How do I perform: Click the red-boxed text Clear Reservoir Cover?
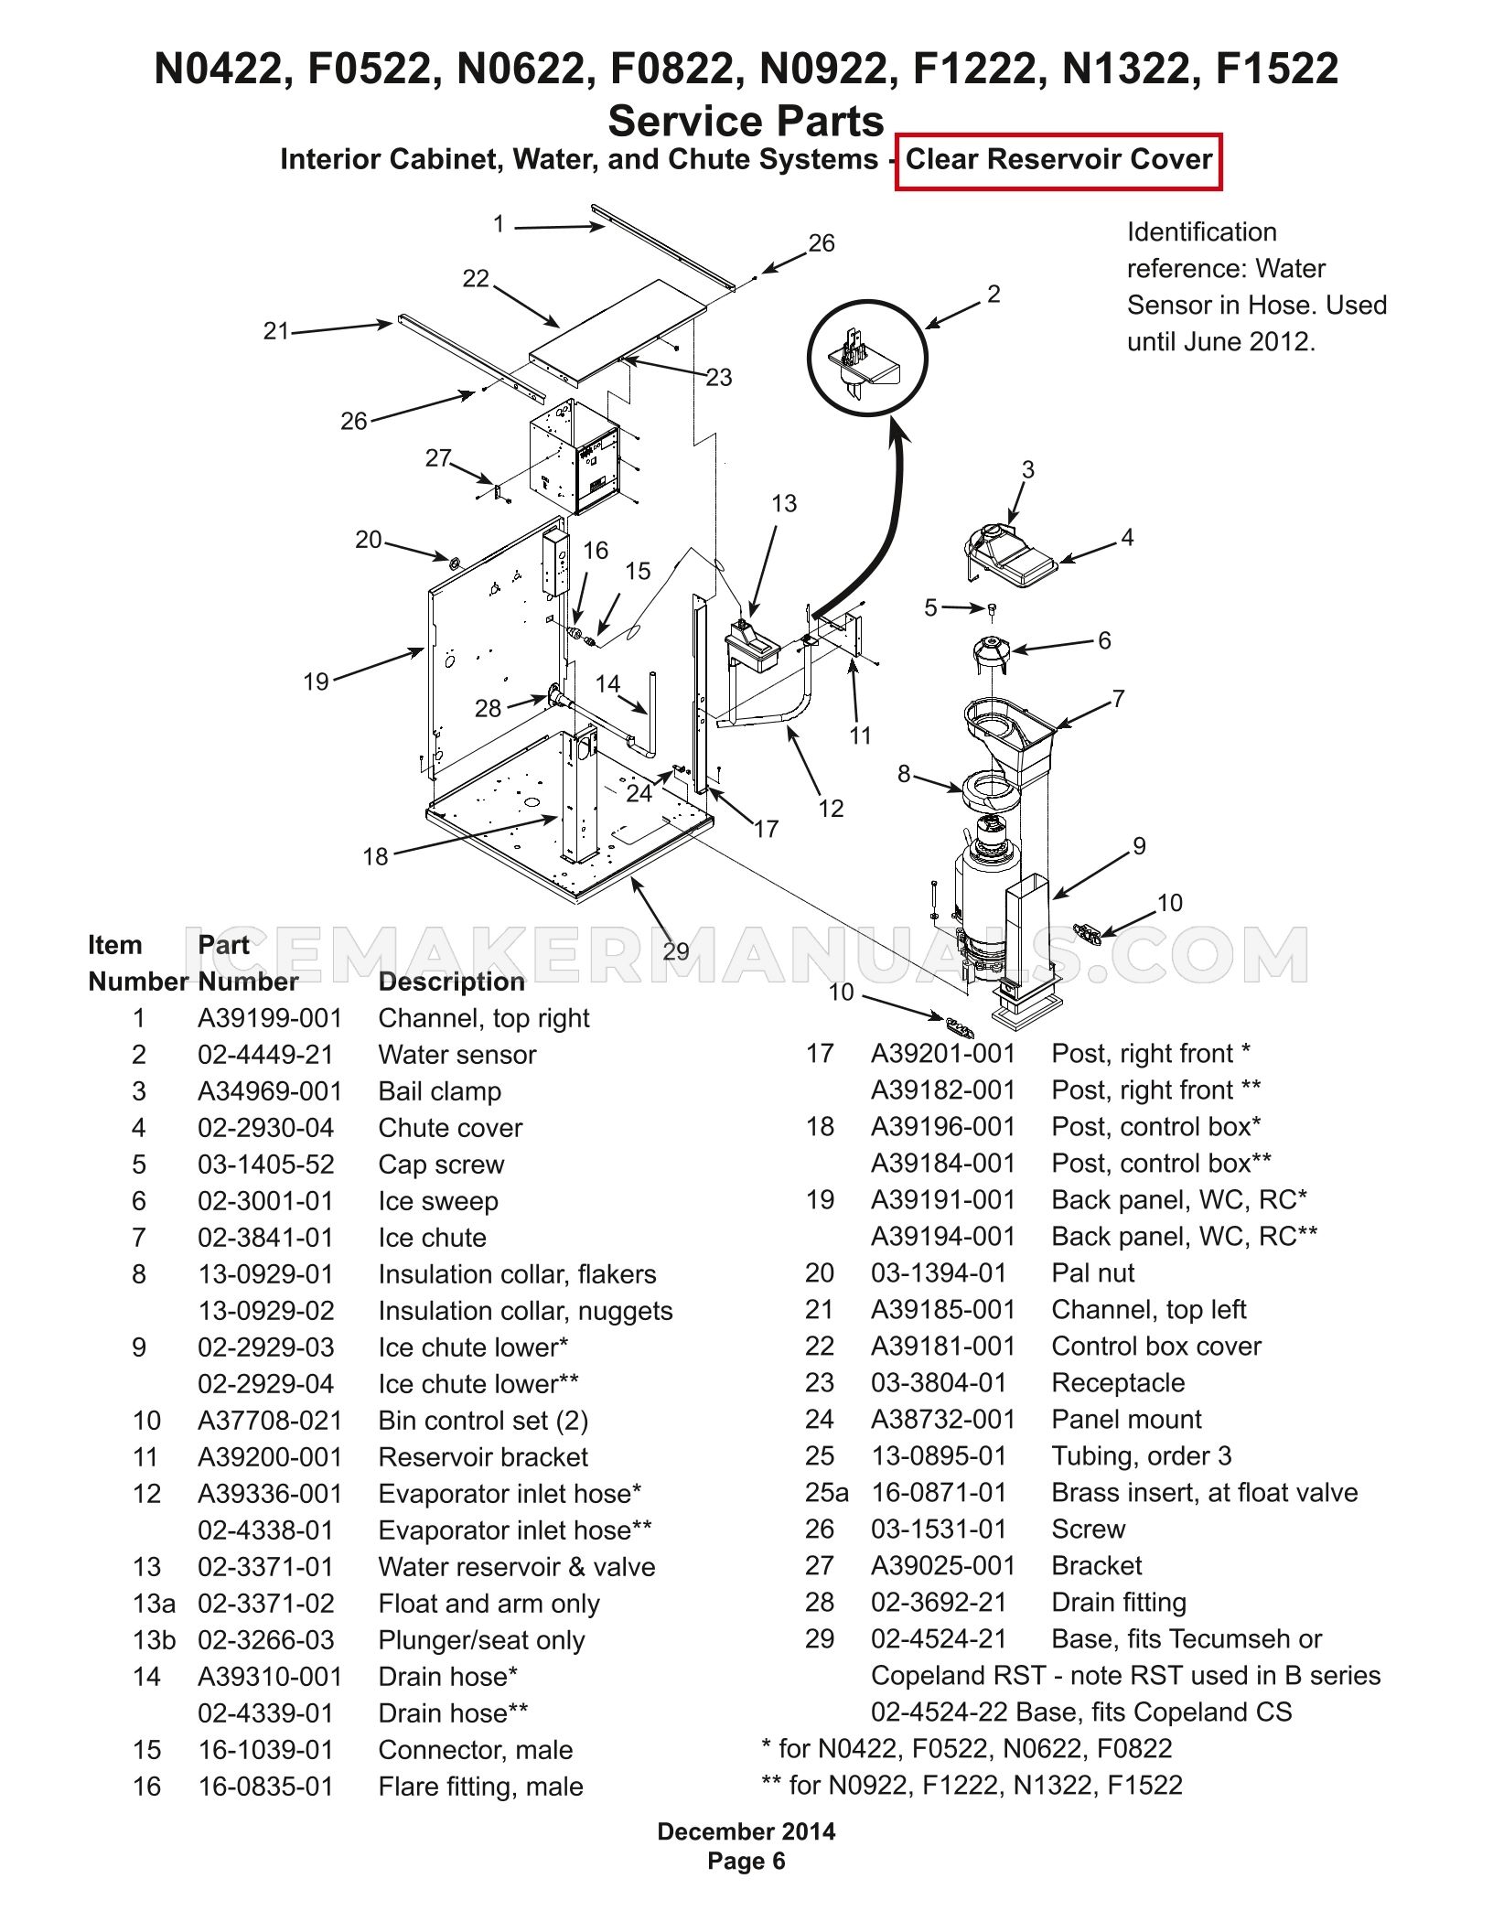tap(1058, 159)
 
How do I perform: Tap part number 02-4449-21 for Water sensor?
tap(265, 1055)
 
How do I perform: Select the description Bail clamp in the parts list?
tap(440, 1091)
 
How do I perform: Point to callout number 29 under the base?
tap(676, 951)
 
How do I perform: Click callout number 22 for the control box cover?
tap(476, 278)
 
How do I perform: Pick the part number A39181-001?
tap(943, 1347)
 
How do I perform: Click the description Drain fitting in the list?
tap(1119, 1603)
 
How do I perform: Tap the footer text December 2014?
tap(746, 1831)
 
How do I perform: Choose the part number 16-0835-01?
tap(265, 1787)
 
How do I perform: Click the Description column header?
tap(452, 982)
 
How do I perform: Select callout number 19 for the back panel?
tap(316, 682)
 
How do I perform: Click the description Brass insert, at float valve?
tap(1205, 1493)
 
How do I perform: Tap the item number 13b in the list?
tap(153, 1640)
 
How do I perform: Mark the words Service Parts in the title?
tap(746, 121)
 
